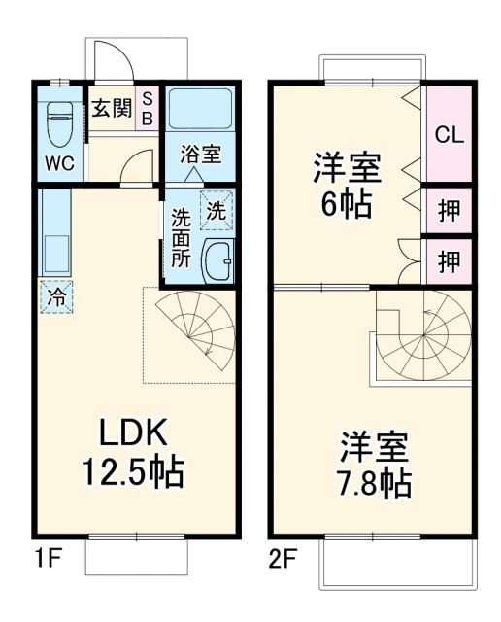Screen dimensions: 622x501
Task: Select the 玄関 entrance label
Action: pos(112,108)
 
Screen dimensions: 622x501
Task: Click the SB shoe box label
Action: pos(149,108)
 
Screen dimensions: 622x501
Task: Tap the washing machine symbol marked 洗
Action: pos(216,208)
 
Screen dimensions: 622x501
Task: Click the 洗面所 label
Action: pos(182,238)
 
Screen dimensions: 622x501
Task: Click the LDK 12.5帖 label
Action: pos(134,451)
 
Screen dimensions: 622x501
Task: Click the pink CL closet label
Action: pos(448,134)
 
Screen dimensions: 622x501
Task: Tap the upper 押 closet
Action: pos(448,211)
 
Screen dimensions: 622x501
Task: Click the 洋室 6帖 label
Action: pos(347,185)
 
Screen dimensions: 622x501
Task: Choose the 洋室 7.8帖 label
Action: pos(374,465)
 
